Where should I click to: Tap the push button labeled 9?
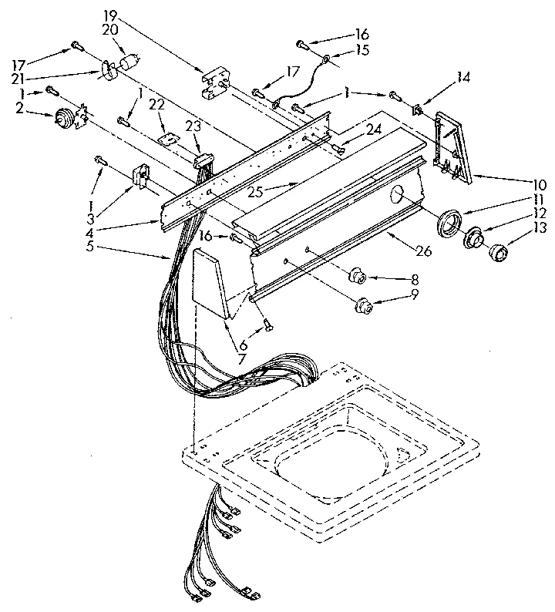(363, 308)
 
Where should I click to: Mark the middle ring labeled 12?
(473, 237)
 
